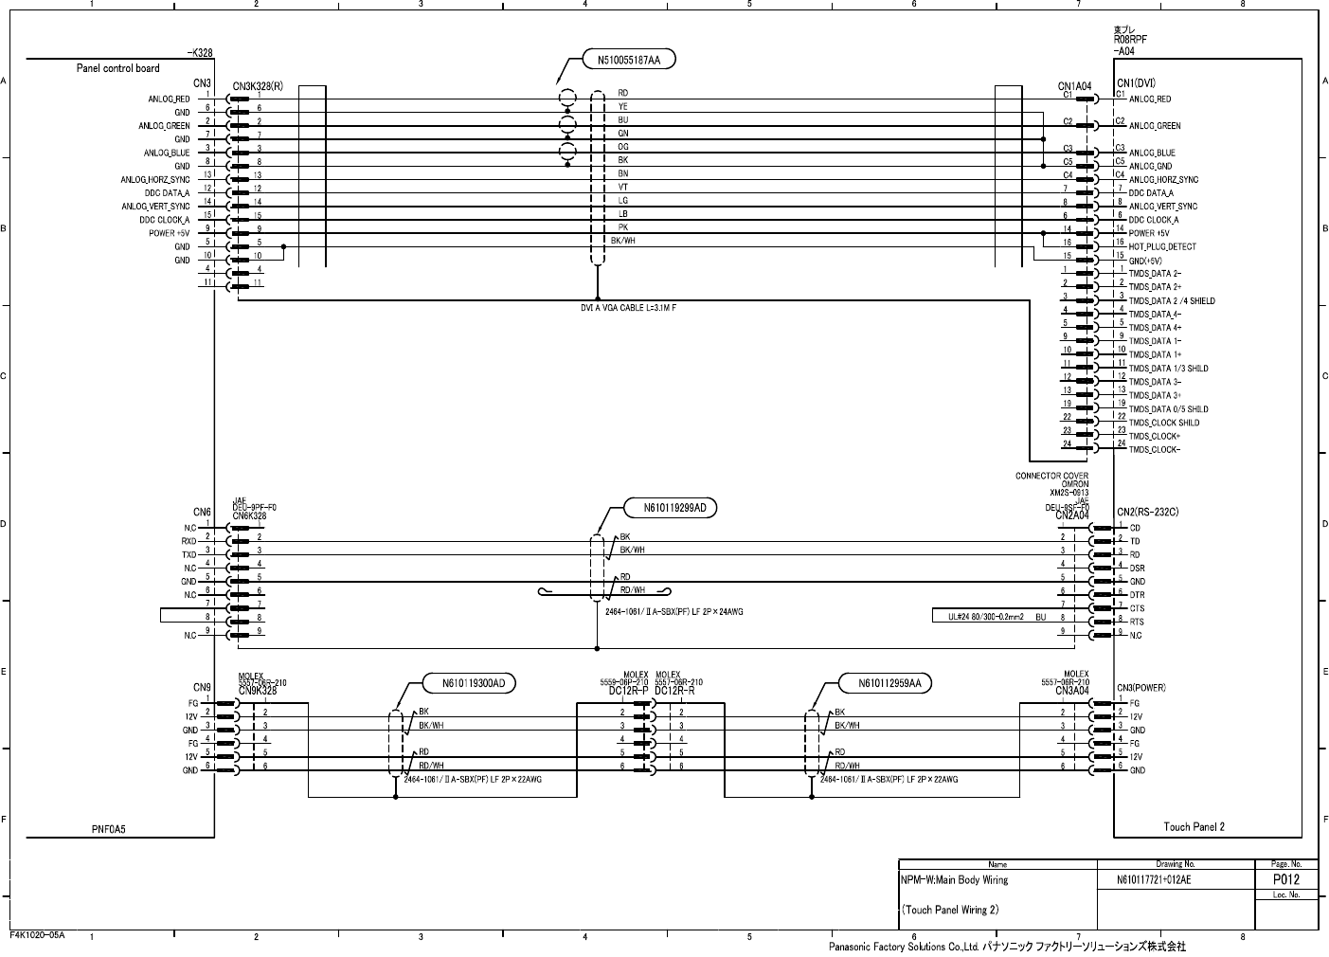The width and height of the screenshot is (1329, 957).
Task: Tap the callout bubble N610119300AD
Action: coord(476,683)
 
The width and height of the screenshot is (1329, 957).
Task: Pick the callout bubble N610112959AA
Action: coord(893,683)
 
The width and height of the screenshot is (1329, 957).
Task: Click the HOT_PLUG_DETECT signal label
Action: coord(1162,246)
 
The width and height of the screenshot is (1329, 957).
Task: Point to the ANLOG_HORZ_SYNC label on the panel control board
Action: coord(155,179)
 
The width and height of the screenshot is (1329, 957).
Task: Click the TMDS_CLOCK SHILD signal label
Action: coord(1164,423)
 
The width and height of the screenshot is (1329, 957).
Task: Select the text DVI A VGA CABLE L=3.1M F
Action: coord(628,308)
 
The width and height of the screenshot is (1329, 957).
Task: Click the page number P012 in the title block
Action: coord(1285,879)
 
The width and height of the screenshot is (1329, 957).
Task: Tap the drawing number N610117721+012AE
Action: coord(1155,880)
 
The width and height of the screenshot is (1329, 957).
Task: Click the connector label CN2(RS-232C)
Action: coord(1148,513)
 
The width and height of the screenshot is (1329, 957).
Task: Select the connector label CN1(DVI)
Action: coord(1137,82)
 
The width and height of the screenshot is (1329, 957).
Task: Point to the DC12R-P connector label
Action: coord(628,691)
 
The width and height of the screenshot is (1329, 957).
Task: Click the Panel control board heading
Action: coord(117,68)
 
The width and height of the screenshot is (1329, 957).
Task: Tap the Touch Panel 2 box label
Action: coord(1194,827)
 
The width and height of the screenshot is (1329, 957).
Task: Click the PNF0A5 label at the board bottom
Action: coord(108,829)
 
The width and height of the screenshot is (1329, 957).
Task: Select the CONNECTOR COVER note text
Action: coord(1051,476)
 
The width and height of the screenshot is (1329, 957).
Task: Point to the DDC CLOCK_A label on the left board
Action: coord(164,220)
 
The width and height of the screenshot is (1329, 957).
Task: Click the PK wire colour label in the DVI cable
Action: coord(622,227)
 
